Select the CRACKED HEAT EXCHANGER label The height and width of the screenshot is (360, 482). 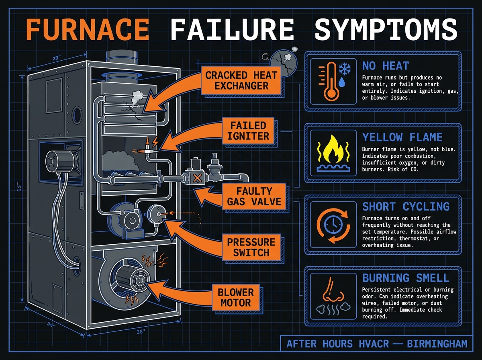coord(241,80)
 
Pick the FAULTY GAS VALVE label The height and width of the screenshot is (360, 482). coord(254,196)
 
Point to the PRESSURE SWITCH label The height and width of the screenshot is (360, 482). coord(251,247)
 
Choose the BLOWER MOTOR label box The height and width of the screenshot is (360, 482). coord(237,297)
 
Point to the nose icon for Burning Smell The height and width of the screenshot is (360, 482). coord(332,292)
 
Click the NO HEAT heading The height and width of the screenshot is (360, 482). coord(385,66)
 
